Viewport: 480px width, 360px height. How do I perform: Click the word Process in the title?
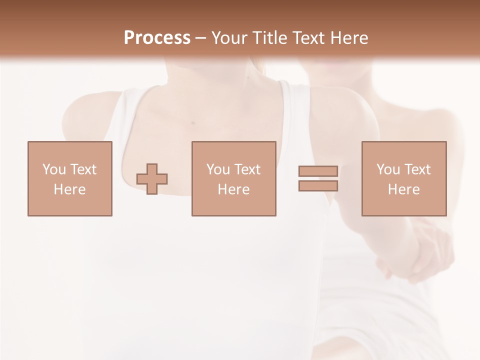[x=157, y=37]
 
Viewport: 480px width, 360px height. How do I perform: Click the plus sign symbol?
[x=152, y=178]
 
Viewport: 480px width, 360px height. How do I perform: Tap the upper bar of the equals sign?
[x=318, y=171]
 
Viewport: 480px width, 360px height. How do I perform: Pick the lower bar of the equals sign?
[x=318, y=185]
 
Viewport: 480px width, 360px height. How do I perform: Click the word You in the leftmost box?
[x=54, y=169]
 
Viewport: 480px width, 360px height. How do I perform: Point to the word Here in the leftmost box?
[x=69, y=189]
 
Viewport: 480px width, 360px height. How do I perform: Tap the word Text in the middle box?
[x=247, y=169]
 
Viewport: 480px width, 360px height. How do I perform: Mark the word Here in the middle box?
[x=233, y=189]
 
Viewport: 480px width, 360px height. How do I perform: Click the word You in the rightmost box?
[x=388, y=169]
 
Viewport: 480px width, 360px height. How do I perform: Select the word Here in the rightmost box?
[x=403, y=189]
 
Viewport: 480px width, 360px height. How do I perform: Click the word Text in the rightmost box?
[x=417, y=169]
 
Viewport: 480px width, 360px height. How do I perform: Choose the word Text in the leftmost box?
[x=83, y=169]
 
